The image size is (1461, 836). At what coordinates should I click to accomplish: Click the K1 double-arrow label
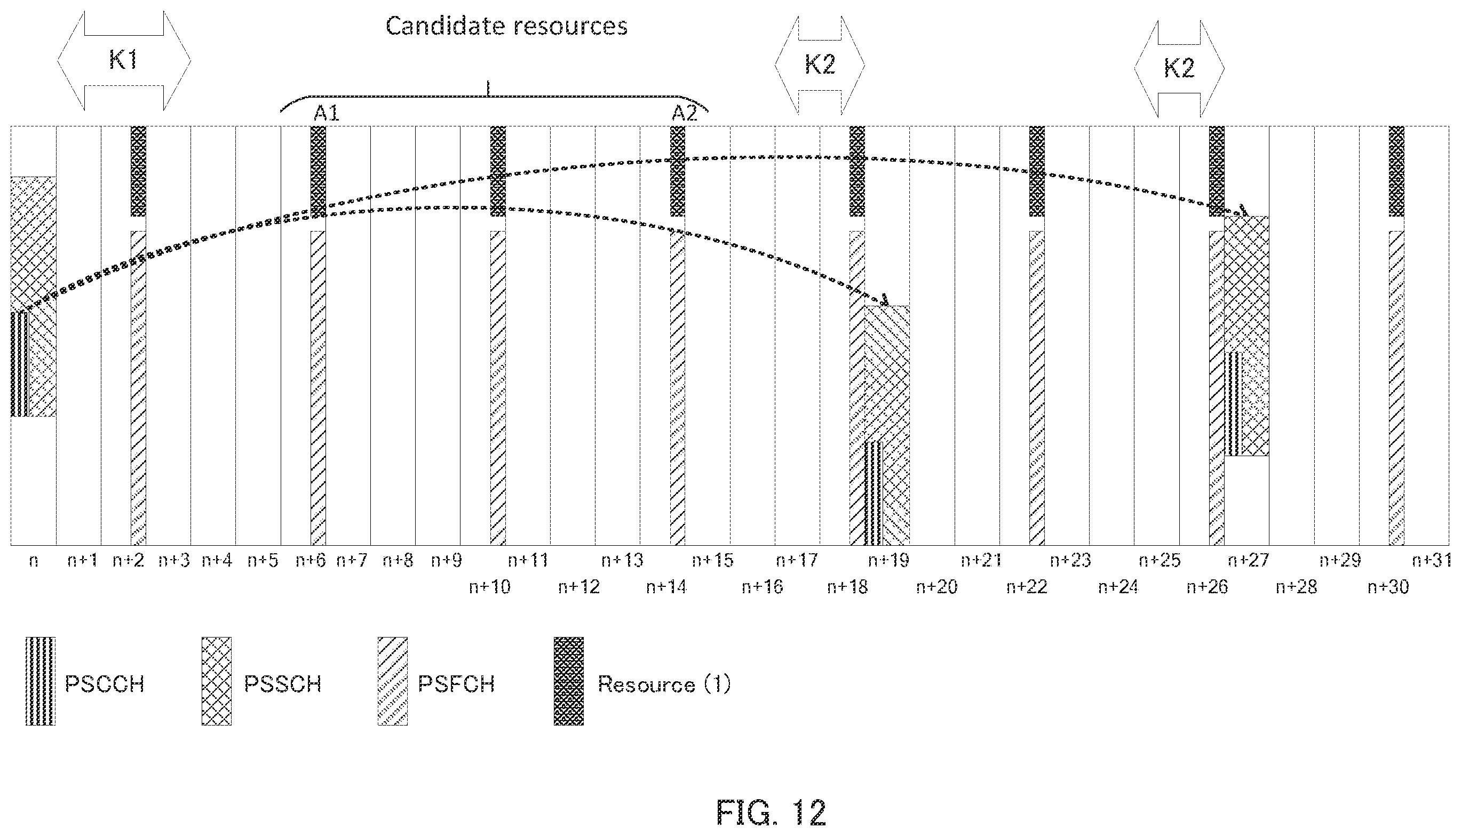pyautogui.click(x=123, y=60)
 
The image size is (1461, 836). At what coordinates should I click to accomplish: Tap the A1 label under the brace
pyautogui.click(x=326, y=113)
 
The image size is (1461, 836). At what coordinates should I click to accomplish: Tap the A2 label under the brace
pyautogui.click(x=685, y=113)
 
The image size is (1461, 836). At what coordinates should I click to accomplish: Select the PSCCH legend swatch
pyautogui.click(x=41, y=681)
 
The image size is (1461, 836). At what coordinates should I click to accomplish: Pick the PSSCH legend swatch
pyautogui.click(x=217, y=681)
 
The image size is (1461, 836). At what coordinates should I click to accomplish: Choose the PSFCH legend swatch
pyautogui.click(x=393, y=681)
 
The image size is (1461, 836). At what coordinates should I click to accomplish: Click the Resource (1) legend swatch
pyautogui.click(x=568, y=681)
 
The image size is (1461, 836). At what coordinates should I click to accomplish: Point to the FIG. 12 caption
pyautogui.click(x=771, y=812)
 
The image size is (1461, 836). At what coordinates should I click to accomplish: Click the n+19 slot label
pyautogui.click(x=888, y=560)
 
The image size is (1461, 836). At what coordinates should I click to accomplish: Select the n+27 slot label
pyautogui.click(x=1249, y=560)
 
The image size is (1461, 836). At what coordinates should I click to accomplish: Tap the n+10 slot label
pyautogui.click(x=489, y=587)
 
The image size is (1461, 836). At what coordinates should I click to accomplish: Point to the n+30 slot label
pyautogui.click(x=1388, y=587)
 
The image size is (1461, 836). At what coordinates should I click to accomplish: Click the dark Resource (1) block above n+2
pyautogui.click(x=138, y=171)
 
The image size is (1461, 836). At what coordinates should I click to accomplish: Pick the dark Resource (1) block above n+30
pyautogui.click(x=1396, y=171)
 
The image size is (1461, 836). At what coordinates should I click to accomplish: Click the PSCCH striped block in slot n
pyautogui.click(x=20, y=364)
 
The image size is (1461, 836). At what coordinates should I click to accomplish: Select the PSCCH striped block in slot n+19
pyautogui.click(x=874, y=492)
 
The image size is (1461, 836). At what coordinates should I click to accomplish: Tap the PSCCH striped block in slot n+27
pyautogui.click(x=1233, y=404)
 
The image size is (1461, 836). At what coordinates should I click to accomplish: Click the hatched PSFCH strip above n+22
pyautogui.click(x=1037, y=387)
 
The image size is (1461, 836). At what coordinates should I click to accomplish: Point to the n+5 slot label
pyautogui.click(x=263, y=560)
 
